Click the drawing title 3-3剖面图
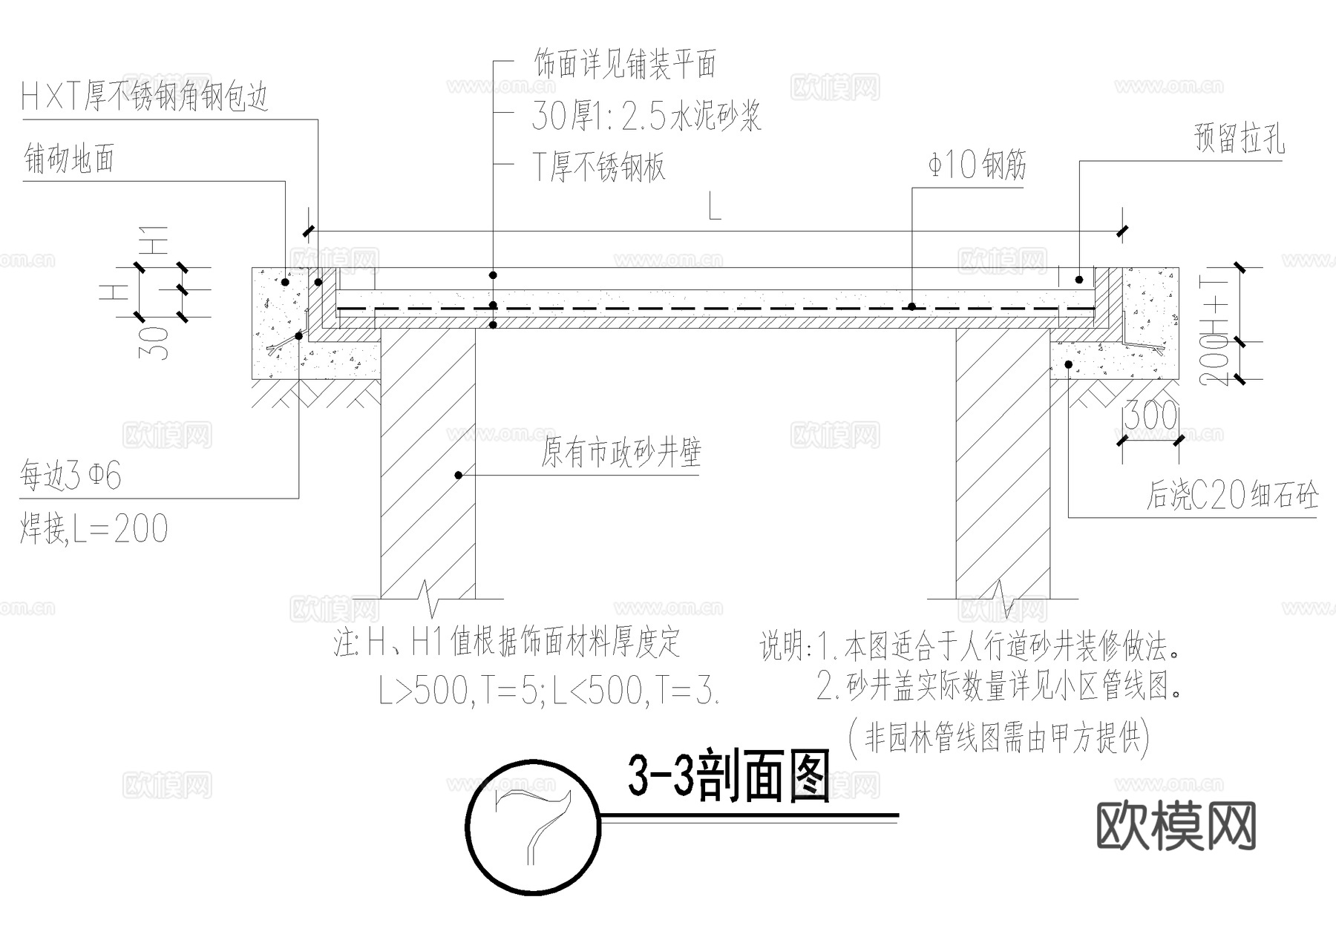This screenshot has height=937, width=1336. click(727, 777)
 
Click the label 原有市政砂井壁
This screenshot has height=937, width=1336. click(620, 453)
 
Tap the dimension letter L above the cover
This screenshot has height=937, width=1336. click(714, 208)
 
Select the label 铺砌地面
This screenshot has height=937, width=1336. click(69, 159)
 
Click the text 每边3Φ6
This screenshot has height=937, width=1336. click(71, 476)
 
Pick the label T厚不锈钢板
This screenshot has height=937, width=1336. click(598, 168)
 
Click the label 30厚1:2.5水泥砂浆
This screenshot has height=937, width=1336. click(646, 116)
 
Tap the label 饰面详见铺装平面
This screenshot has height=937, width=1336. click(625, 65)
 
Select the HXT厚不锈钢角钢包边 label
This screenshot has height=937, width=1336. click(145, 96)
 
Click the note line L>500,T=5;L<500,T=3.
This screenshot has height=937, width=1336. click(549, 691)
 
